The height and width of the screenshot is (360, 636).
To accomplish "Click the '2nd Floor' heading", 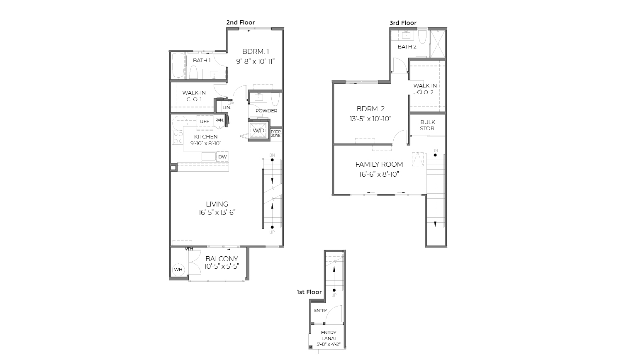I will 240,22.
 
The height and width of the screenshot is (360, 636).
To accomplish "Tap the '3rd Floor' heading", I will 402,23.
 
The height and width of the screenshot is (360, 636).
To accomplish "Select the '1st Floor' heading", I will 309,292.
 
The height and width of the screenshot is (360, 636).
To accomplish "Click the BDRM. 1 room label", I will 256,52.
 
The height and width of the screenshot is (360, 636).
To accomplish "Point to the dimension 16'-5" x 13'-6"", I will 217,213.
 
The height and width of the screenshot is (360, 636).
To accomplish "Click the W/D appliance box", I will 258,130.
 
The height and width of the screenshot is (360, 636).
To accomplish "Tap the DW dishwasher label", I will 222,157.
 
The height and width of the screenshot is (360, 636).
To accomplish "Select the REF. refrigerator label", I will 205,122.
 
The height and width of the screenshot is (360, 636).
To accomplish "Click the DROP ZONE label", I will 275,134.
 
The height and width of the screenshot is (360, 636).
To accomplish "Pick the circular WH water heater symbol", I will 178,270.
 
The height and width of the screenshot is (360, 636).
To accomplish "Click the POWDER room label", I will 266,111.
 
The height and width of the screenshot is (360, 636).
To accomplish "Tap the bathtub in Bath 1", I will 178,66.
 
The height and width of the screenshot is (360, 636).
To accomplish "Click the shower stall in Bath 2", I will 437,44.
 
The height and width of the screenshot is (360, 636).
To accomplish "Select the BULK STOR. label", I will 427,125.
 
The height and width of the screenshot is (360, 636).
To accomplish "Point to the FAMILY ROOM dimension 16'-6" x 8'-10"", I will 379,175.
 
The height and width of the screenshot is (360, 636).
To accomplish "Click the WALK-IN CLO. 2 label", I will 425,89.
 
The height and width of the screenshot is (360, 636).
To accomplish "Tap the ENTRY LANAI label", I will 329,336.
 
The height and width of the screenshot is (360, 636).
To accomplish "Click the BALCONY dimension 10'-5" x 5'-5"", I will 222,267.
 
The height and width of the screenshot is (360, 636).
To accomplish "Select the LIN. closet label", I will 227,107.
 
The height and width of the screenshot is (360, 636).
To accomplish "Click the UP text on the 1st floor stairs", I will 334,295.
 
